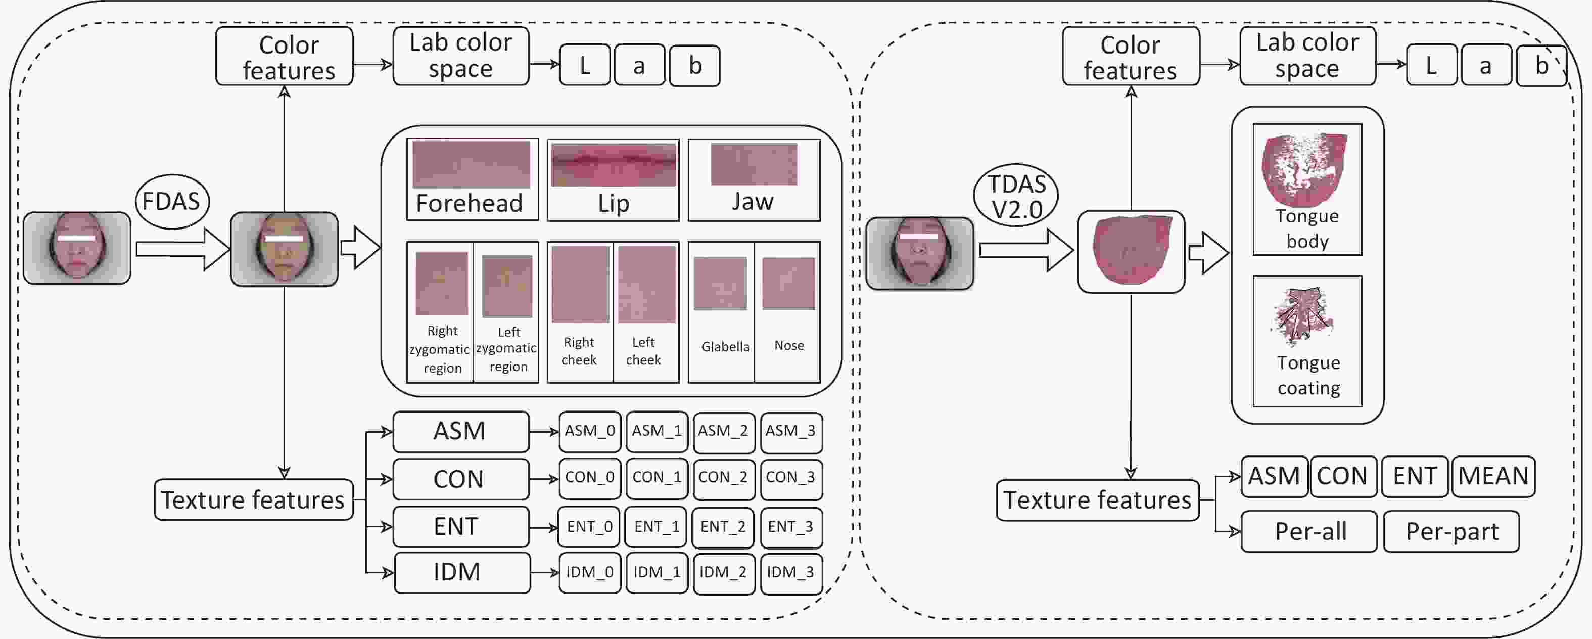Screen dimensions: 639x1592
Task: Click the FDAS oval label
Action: pyautogui.click(x=172, y=202)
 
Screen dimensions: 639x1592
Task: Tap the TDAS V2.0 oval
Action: pyautogui.click(x=1016, y=197)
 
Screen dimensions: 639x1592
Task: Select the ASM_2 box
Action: pyautogui.click(x=723, y=431)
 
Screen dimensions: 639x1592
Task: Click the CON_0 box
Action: pyautogui.click(x=590, y=478)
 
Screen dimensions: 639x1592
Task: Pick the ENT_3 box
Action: pyautogui.click(x=791, y=527)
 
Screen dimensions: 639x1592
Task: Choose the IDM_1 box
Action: pyautogui.click(x=657, y=572)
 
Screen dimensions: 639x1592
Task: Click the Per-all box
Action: pyautogui.click(x=1309, y=531)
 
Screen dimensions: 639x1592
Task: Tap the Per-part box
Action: pyautogui.click(x=1451, y=531)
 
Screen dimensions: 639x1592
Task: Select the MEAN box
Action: pyautogui.click(x=1493, y=476)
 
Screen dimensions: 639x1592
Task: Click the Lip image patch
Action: pyautogui.click(x=613, y=164)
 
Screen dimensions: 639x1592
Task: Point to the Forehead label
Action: pyautogui.click(x=469, y=203)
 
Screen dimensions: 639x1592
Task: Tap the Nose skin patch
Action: pyautogui.click(x=788, y=284)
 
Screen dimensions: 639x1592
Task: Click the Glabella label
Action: pyautogui.click(x=725, y=347)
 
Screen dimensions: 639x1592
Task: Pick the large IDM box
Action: pyautogui.click(x=461, y=572)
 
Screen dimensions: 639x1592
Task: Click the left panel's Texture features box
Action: pyautogui.click(x=253, y=499)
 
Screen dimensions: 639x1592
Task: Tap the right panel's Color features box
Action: pyautogui.click(x=1131, y=57)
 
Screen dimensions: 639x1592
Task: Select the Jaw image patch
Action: pyautogui.click(x=754, y=164)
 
